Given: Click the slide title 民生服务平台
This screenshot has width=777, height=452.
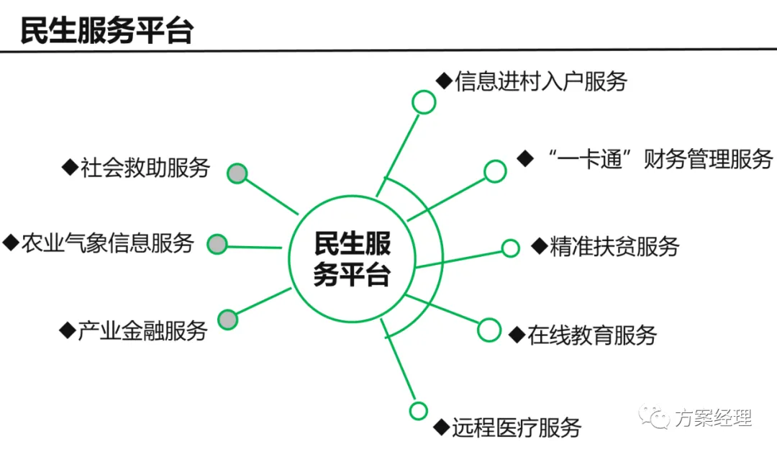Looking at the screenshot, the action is (x=106, y=31).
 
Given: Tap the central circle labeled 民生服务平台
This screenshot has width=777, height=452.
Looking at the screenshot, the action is (x=353, y=196).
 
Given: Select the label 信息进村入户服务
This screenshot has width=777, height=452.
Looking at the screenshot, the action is (x=541, y=81).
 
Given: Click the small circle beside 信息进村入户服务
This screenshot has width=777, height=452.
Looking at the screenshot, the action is (x=424, y=102).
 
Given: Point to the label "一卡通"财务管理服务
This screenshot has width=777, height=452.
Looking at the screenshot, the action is (x=660, y=160).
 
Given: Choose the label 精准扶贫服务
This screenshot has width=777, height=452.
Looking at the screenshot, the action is (x=614, y=246).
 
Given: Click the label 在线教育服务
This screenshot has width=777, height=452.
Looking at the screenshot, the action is (x=592, y=335).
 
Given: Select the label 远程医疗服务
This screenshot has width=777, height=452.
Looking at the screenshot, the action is (x=517, y=428).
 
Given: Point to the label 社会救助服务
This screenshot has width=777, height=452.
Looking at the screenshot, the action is (x=145, y=168).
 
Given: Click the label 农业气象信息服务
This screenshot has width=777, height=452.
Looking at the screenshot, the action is (x=107, y=243).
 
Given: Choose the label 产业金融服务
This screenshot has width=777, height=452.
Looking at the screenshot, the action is (x=142, y=330).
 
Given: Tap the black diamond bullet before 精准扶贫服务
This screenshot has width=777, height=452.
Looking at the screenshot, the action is (x=539, y=246).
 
